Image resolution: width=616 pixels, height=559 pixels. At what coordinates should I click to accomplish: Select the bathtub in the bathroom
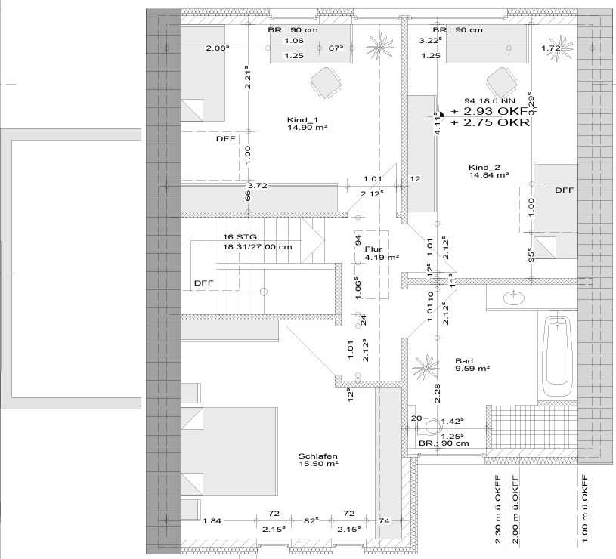coord(558,356)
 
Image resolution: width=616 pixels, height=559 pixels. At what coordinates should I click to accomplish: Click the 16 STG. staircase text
coord(242,237)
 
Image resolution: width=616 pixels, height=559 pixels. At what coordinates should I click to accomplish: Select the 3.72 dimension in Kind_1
coord(258,185)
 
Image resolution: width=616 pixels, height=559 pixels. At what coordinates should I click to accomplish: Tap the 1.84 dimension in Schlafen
coord(212,521)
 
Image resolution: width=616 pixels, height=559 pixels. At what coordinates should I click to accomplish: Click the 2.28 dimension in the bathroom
coord(436,391)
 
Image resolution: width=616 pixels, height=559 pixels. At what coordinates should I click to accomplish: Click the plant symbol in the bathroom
coord(426,368)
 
